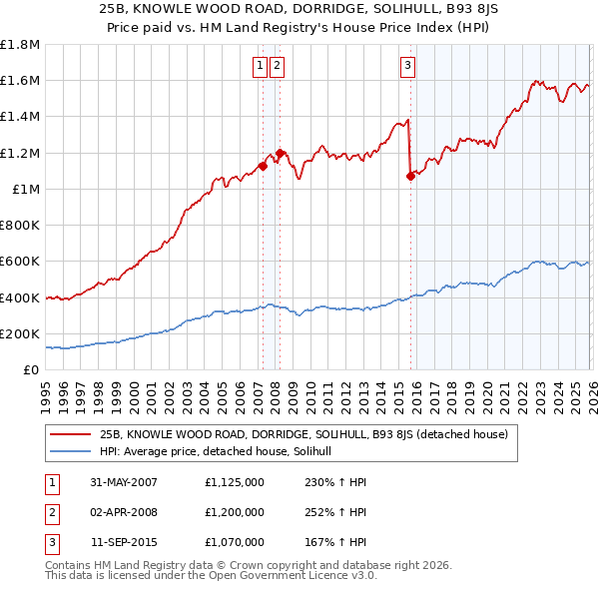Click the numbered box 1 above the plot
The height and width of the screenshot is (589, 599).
(260, 67)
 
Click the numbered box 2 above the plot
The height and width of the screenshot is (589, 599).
(277, 67)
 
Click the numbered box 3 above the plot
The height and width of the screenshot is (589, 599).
(408, 67)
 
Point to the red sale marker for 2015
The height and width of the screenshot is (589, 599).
(410, 177)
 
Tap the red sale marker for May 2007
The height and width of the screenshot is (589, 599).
(264, 167)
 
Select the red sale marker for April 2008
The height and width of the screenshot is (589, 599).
(280, 153)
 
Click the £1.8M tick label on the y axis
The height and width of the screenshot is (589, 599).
(20, 45)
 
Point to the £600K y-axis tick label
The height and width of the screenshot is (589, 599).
(20, 262)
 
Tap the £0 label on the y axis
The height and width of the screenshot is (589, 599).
(31, 369)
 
